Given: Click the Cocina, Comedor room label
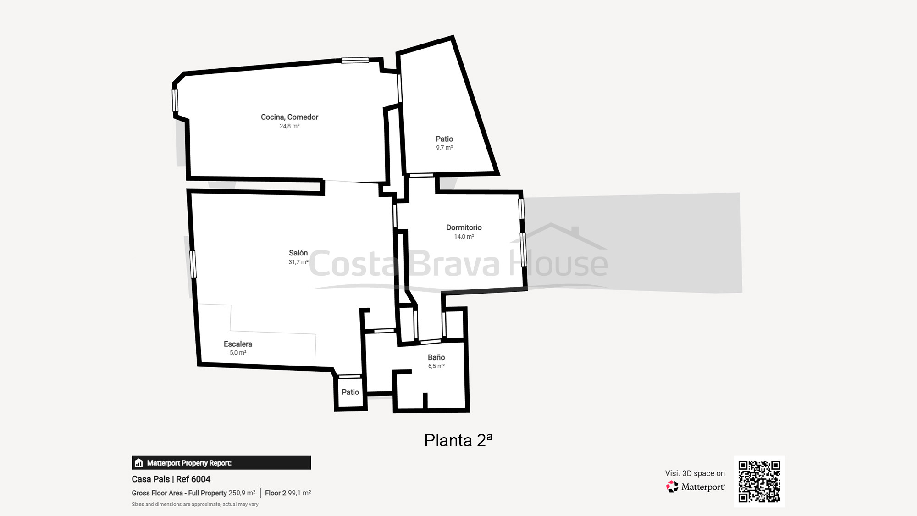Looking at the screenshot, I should pyautogui.click(x=289, y=117).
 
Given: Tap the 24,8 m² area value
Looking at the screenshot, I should pyautogui.click(x=289, y=126).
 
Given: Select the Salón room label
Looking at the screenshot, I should pyautogui.click(x=298, y=253).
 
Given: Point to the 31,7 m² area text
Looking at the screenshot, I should pyautogui.click(x=298, y=262).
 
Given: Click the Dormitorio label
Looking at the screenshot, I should pyautogui.click(x=464, y=227).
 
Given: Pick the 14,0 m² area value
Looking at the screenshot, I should pyautogui.click(x=464, y=237).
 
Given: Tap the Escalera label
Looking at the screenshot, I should pyautogui.click(x=238, y=344).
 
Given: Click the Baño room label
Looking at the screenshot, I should pyautogui.click(x=436, y=357).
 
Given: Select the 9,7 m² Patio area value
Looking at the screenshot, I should pyautogui.click(x=444, y=148).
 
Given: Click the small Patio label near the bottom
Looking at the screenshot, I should pyautogui.click(x=350, y=392).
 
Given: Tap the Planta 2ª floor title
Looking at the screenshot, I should pyautogui.click(x=458, y=440).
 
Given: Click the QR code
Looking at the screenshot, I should pyautogui.click(x=759, y=481).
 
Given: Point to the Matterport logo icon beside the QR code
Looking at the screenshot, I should pyautogui.click(x=672, y=487).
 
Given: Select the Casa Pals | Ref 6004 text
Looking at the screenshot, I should pyautogui.click(x=171, y=479).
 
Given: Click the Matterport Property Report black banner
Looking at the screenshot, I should pyautogui.click(x=221, y=463).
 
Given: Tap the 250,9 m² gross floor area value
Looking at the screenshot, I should pyautogui.click(x=242, y=493).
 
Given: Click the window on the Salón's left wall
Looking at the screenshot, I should pyautogui.click(x=193, y=264).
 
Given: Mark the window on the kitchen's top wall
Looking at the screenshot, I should pyautogui.click(x=355, y=60).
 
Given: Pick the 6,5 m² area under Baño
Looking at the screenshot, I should pyautogui.click(x=436, y=366).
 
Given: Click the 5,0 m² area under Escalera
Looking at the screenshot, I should pyautogui.click(x=238, y=353).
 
